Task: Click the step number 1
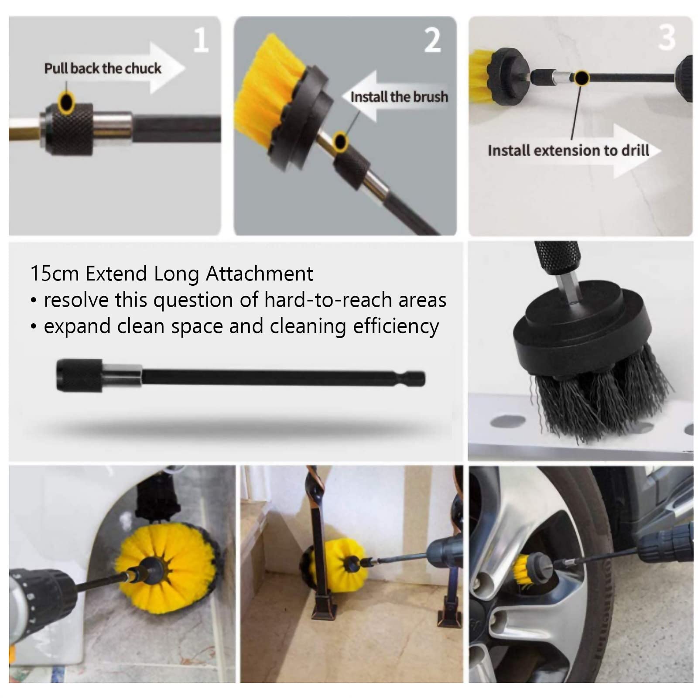tap(201, 40)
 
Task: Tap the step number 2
tap(432, 40)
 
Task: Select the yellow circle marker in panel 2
tap(340, 141)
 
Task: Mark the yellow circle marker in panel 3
tap(581, 78)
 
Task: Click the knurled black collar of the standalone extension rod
tap(79, 375)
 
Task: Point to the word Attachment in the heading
tap(259, 274)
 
